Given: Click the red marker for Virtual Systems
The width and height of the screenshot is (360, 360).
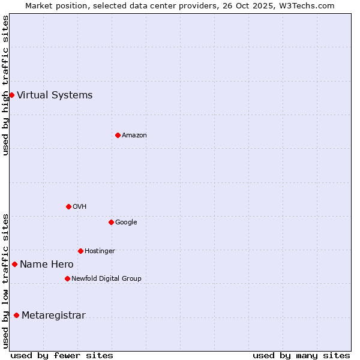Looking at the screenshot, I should click(x=11, y=95).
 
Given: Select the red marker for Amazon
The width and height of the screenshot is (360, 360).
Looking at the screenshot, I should click(x=118, y=135).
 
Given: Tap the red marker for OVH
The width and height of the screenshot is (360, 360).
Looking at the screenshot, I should click(x=68, y=206).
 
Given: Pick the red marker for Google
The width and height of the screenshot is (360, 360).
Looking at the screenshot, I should click(x=111, y=222).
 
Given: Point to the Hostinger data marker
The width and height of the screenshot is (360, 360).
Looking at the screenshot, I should click(x=80, y=251).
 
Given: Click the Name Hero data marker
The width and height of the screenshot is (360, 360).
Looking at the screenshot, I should click(x=14, y=264).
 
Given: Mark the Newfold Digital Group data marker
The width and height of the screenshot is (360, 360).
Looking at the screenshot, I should click(x=67, y=278).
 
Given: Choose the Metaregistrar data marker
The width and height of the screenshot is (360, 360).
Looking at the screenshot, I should click(x=16, y=316).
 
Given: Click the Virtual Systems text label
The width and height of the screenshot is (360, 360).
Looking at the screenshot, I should click(x=55, y=95).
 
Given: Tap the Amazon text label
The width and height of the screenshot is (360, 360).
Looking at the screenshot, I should click(x=134, y=135).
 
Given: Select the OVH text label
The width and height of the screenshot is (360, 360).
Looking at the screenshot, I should click(x=80, y=206).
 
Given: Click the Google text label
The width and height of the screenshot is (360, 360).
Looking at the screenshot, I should click(x=126, y=222).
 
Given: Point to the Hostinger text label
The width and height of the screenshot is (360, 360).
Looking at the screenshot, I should click(x=100, y=251).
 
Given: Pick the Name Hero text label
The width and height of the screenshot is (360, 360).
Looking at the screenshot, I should click(x=47, y=264).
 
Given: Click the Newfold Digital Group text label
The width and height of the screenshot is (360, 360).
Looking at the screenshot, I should click(x=106, y=278).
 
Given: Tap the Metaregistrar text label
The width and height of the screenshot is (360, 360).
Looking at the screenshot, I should click(x=53, y=316).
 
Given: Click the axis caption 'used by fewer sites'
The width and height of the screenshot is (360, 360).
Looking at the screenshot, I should click(x=62, y=355).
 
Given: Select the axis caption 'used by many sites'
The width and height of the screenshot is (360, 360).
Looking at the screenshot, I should click(x=301, y=355).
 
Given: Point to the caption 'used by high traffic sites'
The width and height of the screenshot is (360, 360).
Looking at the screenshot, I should click(x=5, y=85).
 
